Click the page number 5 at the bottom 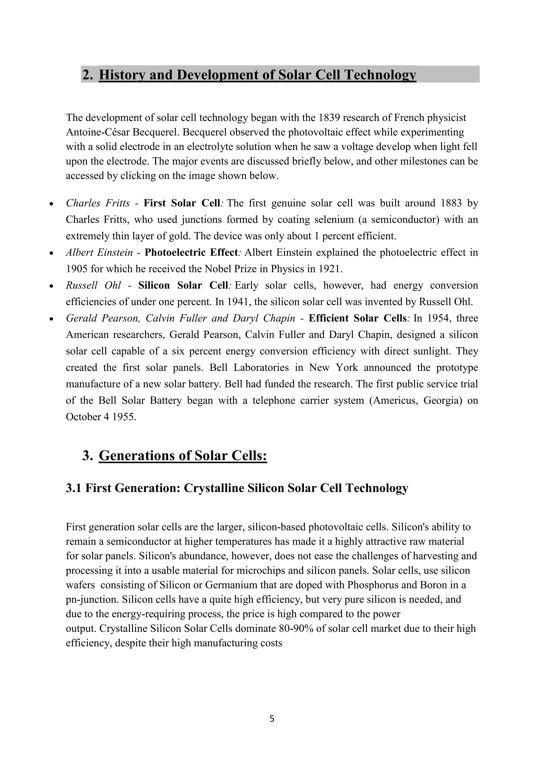tap(272, 719)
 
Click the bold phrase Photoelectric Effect tap(191, 253)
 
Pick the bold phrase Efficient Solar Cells tap(358, 318)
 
